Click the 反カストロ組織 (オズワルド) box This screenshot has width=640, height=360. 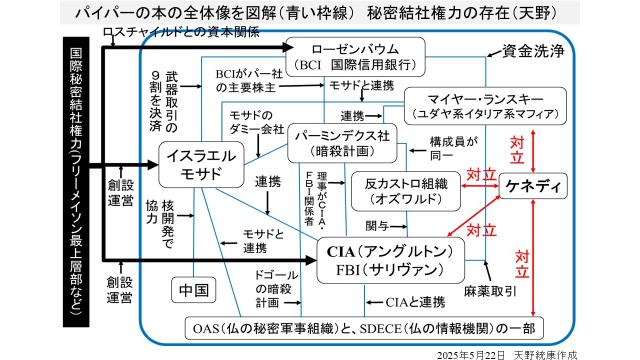(404, 190)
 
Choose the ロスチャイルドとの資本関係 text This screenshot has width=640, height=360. (180, 32)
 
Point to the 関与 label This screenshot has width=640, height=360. (376, 225)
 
